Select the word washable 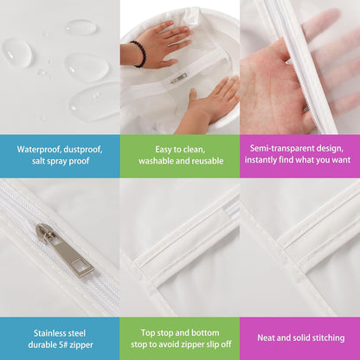pos(156,161)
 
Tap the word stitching pos(327,338)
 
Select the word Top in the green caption pos(148,333)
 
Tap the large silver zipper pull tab pos(65,250)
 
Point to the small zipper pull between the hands pos(179,78)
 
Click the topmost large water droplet pos(80,27)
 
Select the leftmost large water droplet pos(17,53)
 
